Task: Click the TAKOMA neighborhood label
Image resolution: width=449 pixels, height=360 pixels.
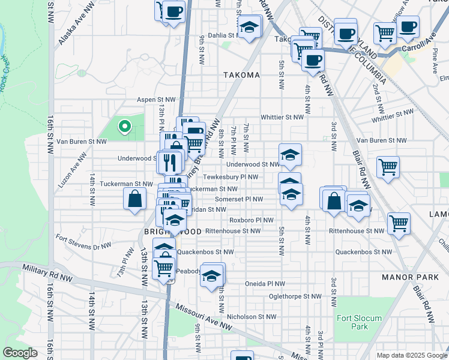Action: point(241,75)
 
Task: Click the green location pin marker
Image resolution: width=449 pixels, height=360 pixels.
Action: point(124,126)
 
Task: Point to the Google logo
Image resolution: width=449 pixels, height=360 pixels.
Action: point(20,353)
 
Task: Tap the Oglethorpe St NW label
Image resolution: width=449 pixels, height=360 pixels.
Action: point(295,296)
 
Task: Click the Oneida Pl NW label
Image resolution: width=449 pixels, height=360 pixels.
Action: point(263,283)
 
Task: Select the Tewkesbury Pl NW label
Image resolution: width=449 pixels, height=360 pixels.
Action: point(230,177)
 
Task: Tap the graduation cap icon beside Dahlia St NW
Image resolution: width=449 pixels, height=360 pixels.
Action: point(249,27)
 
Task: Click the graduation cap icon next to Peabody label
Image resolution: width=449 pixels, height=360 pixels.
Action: point(211,275)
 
